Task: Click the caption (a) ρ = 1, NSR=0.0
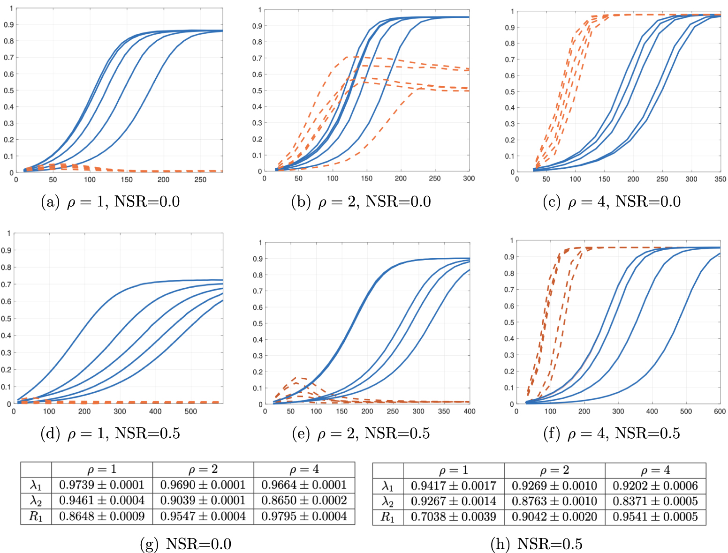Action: (110, 202)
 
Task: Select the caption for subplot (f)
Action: (611, 433)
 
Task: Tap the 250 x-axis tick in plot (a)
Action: (200, 180)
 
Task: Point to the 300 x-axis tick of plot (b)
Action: (469, 179)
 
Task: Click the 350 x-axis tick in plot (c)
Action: (720, 179)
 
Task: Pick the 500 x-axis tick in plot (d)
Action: (190, 411)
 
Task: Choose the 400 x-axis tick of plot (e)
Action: (469, 411)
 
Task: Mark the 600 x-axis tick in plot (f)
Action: (720, 411)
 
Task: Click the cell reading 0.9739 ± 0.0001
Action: (102, 485)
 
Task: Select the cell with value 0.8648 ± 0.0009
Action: (102, 516)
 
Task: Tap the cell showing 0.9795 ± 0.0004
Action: (304, 516)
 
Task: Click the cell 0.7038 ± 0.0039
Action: (453, 517)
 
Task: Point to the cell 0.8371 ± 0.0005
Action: (655, 501)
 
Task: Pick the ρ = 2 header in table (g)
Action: (203, 470)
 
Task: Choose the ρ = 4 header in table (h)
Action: (655, 471)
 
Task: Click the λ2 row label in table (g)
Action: (36, 501)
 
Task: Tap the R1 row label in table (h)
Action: (387, 517)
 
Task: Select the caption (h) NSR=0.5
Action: (536, 544)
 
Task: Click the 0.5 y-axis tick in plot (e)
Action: (258, 323)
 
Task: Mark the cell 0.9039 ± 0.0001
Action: (203, 501)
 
